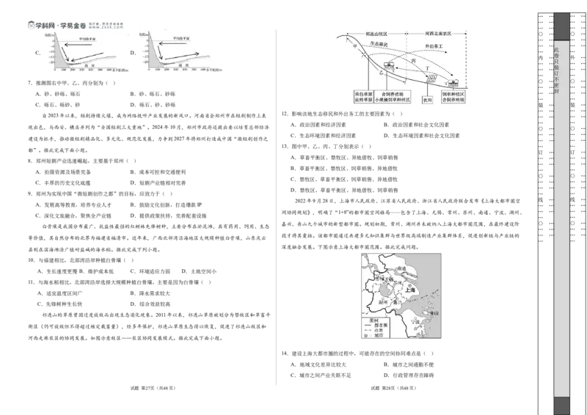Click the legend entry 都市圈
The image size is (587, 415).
[380, 325]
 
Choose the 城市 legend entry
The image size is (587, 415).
[379, 335]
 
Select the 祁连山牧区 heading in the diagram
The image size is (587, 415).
[376, 34]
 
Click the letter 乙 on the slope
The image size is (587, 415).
[380, 73]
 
